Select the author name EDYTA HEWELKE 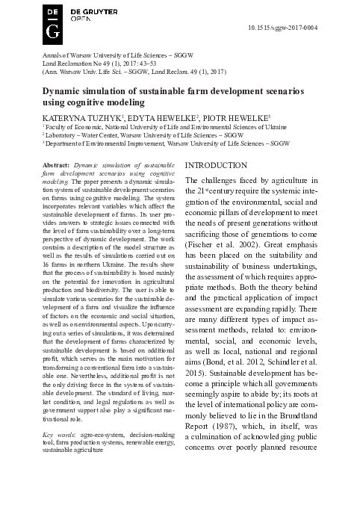pyautogui.click(x=155, y=119)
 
